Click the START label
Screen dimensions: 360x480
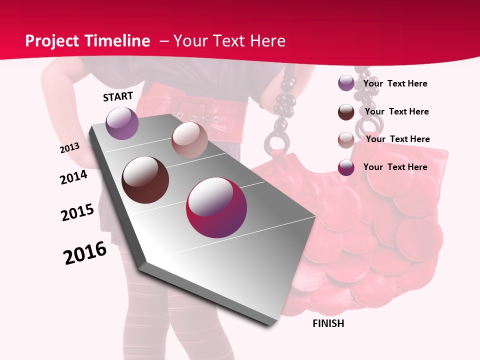[x=118, y=96]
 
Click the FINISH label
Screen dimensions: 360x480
[x=328, y=323]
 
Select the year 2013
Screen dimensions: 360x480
[x=70, y=148]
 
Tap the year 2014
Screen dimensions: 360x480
[x=73, y=177]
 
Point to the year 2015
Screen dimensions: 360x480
[x=77, y=212]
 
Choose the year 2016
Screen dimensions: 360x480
[x=85, y=253]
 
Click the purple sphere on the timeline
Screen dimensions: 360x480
[x=122, y=123]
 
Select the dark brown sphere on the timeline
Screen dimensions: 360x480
[x=145, y=180]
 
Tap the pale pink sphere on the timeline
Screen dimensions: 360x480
[x=189, y=140]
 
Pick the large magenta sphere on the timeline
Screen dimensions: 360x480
[x=216, y=207]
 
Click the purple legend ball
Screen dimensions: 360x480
[x=346, y=83]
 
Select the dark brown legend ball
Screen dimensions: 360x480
[x=346, y=112]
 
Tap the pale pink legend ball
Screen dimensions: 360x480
[x=346, y=140]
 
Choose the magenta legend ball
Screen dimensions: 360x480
[x=346, y=167]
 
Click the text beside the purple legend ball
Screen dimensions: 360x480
[x=395, y=83]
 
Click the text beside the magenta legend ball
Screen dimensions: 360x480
[x=395, y=167]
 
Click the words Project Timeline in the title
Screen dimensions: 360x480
[x=87, y=41]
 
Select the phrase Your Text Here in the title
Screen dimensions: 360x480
[x=229, y=41]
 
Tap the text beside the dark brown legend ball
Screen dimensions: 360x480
[x=397, y=111]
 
